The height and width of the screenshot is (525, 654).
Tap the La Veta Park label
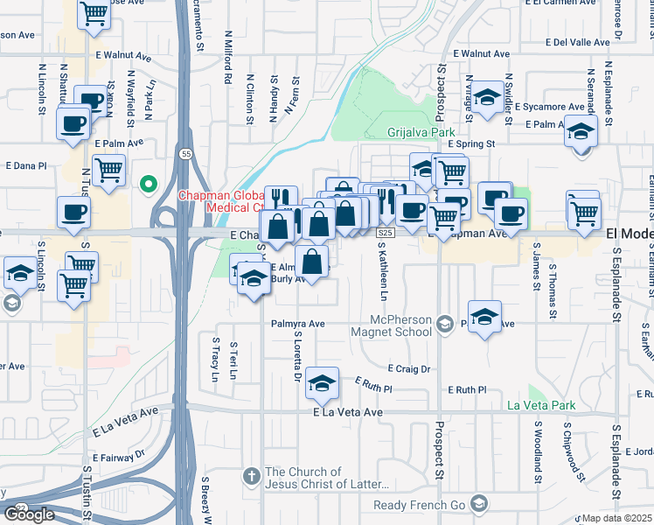pyautogui.click(x=542, y=406)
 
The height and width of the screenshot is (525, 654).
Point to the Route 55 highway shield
pyautogui.click(x=186, y=153)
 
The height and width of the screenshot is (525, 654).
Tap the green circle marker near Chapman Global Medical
pyautogui.click(x=149, y=185)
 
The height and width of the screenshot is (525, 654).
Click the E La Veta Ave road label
pyautogui.click(x=348, y=412)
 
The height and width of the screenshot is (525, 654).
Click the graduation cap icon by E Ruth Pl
pyautogui.click(x=323, y=382)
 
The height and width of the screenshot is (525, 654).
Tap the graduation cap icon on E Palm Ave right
pyautogui.click(x=581, y=132)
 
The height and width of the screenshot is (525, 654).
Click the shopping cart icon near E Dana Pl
pyautogui.click(x=109, y=170)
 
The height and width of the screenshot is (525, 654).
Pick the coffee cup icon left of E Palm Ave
pyautogui.click(x=73, y=122)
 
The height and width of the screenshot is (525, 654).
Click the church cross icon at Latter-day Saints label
pyautogui.click(x=250, y=477)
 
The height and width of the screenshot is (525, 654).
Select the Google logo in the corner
pyautogui.click(x=29, y=514)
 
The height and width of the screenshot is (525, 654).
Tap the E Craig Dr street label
pyautogui.click(x=408, y=369)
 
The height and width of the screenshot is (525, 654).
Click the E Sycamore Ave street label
pyautogui.click(x=553, y=107)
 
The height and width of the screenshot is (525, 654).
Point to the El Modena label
pyautogui.click(x=629, y=234)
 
